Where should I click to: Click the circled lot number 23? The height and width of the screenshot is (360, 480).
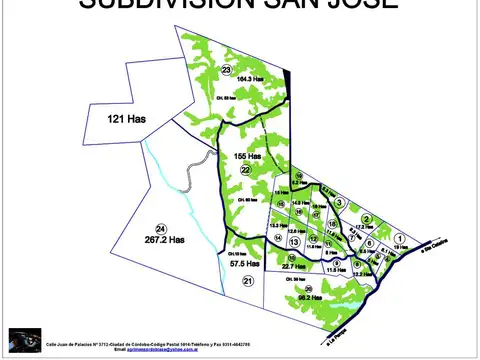pyautogui.click(x=227, y=70)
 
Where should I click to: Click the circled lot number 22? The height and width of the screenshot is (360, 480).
pyautogui.click(x=244, y=170)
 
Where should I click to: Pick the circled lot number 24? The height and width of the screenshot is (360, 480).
pyautogui.click(x=161, y=229)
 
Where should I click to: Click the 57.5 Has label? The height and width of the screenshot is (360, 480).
pyautogui.click(x=244, y=264)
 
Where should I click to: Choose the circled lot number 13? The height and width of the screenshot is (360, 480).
pyautogui.click(x=294, y=242)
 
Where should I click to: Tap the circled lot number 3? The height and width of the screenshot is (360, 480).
pyautogui.click(x=340, y=203)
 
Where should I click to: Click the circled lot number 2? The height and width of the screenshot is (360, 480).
pyautogui.click(x=367, y=219)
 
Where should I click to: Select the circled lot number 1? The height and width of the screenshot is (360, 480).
pyautogui.click(x=398, y=237)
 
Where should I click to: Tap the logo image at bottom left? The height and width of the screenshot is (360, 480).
pyautogui.click(x=22, y=340)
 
